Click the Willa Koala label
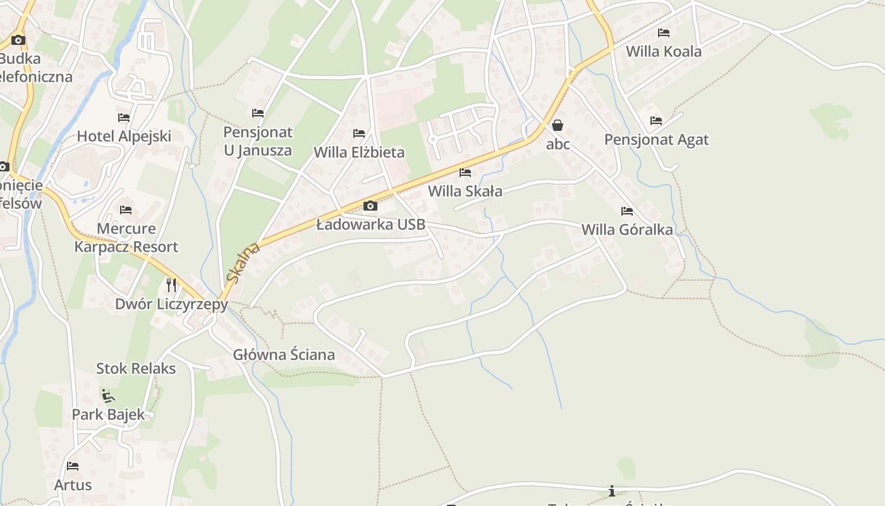click(x=663, y=51)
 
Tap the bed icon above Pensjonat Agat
click(x=656, y=120)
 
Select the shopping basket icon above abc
click(x=558, y=125)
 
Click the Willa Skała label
click(x=465, y=191)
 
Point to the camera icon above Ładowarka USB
click(x=370, y=206)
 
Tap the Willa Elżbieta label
click(x=359, y=152)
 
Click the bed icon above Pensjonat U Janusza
click(x=258, y=113)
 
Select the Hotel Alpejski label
click(x=124, y=136)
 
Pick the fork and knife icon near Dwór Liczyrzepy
click(x=171, y=285)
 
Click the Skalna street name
click(x=243, y=262)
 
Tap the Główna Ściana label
click(x=284, y=355)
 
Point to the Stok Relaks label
click(x=136, y=368)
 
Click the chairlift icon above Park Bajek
click(x=108, y=396)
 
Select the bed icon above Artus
click(x=73, y=466)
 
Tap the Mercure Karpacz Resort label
click(x=126, y=237)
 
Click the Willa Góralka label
click(x=627, y=230)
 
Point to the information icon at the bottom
click(x=611, y=491)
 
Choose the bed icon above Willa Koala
click(x=664, y=32)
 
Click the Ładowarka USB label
click(x=370, y=225)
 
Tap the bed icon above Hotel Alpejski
click(x=124, y=118)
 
